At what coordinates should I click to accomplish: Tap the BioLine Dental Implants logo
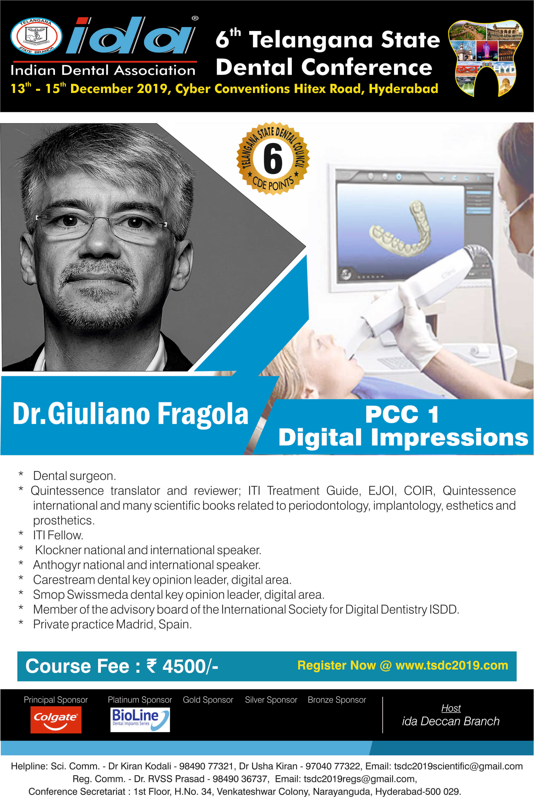(140, 719)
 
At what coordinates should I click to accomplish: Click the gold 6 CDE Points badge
(273, 158)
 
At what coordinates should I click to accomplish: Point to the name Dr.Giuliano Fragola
(130, 414)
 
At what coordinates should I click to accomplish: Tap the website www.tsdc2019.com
(452, 665)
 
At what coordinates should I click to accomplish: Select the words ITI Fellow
(58, 535)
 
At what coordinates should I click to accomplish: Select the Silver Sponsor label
(271, 700)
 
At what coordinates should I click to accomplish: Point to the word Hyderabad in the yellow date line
(403, 89)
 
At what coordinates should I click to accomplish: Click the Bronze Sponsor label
(337, 700)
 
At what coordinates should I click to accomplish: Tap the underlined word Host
(451, 708)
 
